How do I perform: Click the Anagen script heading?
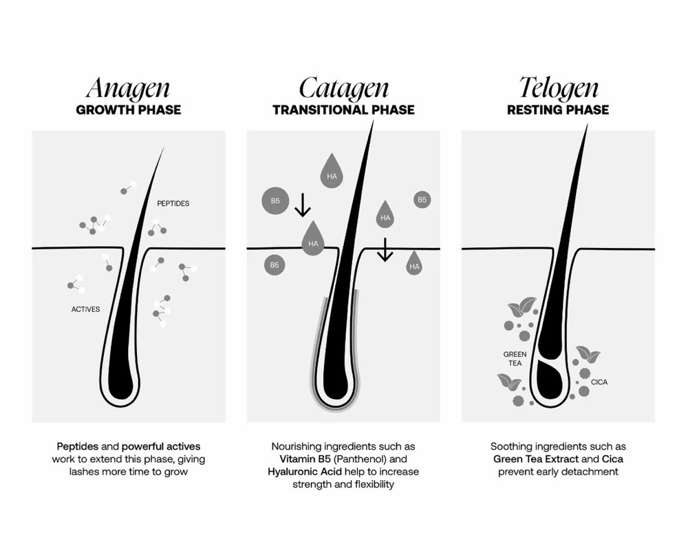(128, 88)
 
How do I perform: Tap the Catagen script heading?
(343, 88)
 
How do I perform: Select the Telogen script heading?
(559, 88)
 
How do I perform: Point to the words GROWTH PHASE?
(129, 110)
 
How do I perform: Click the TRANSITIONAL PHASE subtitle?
(343, 110)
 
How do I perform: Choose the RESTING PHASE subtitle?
(558, 110)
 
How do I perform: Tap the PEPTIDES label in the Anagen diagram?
(173, 203)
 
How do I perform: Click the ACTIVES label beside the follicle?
(85, 309)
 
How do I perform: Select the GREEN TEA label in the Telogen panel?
(515, 359)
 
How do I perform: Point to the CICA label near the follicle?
(599, 382)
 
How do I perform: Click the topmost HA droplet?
(332, 171)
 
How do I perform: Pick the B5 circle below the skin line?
(275, 265)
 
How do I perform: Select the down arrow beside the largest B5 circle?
(302, 205)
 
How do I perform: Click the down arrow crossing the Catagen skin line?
(385, 249)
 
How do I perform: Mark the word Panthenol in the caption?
(361, 459)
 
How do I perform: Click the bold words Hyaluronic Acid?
(305, 472)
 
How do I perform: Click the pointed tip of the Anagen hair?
(164, 147)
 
